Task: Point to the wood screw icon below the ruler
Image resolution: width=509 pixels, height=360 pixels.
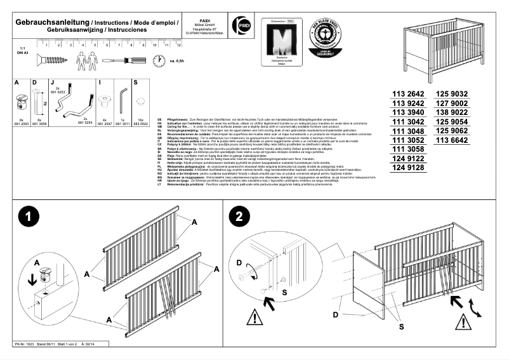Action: (50, 60)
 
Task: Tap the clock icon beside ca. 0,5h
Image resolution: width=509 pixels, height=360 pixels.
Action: (158, 60)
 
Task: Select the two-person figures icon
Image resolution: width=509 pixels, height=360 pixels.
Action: (85, 60)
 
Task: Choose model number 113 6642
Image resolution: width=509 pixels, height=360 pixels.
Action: (452, 139)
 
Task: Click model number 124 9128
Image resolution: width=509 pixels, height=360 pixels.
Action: (407, 168)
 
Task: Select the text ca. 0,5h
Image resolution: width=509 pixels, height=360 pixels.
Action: (177, 61)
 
